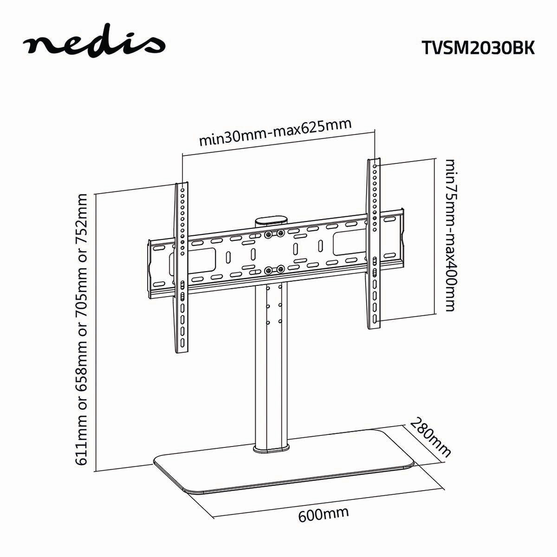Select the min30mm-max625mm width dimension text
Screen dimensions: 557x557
pyautogui.click(x=275, y=133)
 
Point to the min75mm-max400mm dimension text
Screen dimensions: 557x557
pyautogui.click(x=450, y=235)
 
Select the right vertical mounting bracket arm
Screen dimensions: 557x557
pyautogui.click(x=375, y=246)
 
